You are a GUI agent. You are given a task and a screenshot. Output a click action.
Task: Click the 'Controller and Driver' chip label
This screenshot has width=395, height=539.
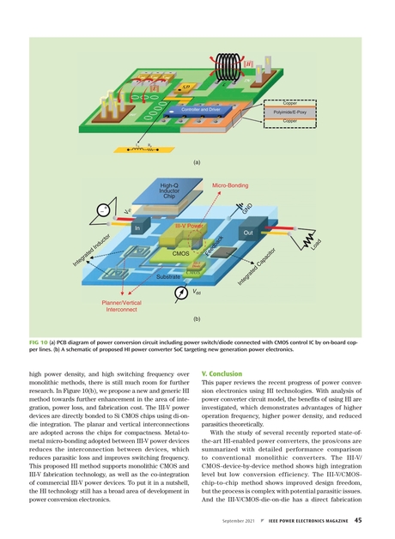coord(202,110)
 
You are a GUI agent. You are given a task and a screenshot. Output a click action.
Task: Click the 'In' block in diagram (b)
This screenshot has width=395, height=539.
coord(137,228)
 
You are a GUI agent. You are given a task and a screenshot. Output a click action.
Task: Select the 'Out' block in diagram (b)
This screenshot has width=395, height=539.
coord(246,233)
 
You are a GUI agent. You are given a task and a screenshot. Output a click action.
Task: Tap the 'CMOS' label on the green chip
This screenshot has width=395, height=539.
coord(180,254)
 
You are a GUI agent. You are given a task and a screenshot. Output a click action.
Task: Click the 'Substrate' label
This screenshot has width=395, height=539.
coord(169,277)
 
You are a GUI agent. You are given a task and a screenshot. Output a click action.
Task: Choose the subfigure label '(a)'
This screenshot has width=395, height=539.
coord(197,160)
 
